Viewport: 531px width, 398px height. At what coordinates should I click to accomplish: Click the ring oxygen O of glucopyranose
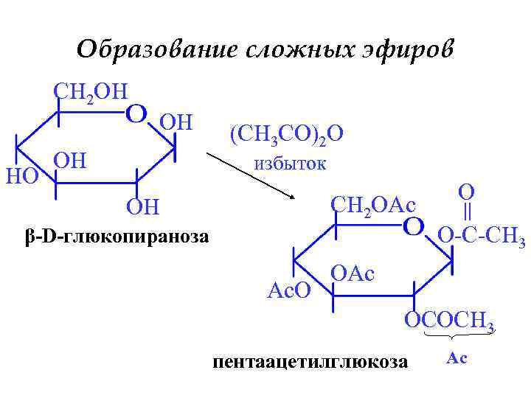point(136,114)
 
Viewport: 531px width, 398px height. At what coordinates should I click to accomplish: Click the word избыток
point(290,163)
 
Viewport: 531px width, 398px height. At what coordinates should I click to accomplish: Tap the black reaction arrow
point(250,175)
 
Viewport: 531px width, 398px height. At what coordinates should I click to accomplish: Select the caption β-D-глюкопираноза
point(117,237)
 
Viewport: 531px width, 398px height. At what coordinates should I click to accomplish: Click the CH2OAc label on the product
point(373,203)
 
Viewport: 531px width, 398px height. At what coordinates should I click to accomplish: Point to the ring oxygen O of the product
point(414,225)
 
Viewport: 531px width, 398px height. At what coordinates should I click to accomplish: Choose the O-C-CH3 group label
point(482,237)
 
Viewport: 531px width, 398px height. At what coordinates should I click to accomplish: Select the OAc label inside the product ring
point(353,273)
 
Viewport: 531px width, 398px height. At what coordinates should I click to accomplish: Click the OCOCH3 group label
point(448,321)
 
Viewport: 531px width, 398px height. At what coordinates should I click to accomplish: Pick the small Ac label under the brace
point(457,359)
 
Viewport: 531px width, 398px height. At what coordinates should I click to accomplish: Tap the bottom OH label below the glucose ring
point(143,206)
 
